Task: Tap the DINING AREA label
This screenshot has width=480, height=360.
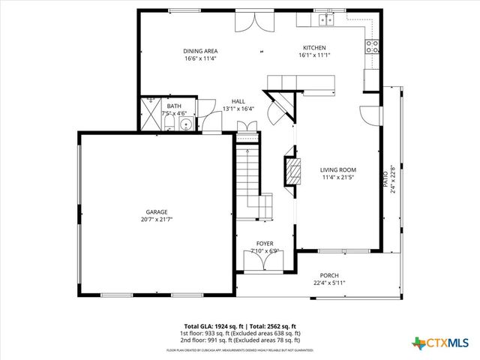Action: click(199, 51)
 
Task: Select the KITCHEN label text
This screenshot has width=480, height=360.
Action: click(314, 47)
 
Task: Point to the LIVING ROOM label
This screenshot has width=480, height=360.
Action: click(337, 170)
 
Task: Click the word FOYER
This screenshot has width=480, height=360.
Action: click(265, 244)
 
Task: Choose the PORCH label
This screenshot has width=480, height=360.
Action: click(329, 275)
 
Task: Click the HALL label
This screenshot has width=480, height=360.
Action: click(238, 101)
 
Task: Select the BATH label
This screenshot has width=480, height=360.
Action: click(174, 106)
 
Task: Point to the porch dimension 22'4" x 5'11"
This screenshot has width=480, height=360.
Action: click(329, 283)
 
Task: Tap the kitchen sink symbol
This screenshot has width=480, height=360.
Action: click(325, 19)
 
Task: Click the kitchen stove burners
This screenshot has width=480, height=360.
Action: click(371, 47)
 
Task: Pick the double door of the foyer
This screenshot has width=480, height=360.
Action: click(264, 262)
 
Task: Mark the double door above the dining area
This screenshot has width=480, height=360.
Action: click(247, 22)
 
